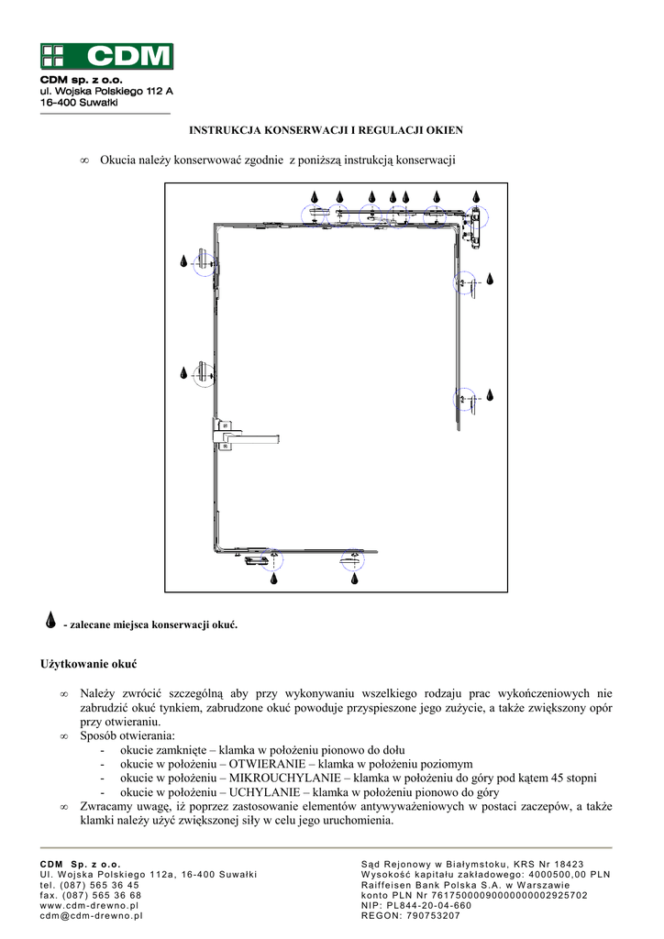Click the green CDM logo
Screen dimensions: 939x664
(x=105, y=56)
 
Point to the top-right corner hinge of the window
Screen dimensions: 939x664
(x=475, y=226)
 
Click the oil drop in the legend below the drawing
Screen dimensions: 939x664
(x=51, y=623)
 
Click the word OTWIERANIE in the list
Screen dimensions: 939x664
(x=263, y=764)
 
